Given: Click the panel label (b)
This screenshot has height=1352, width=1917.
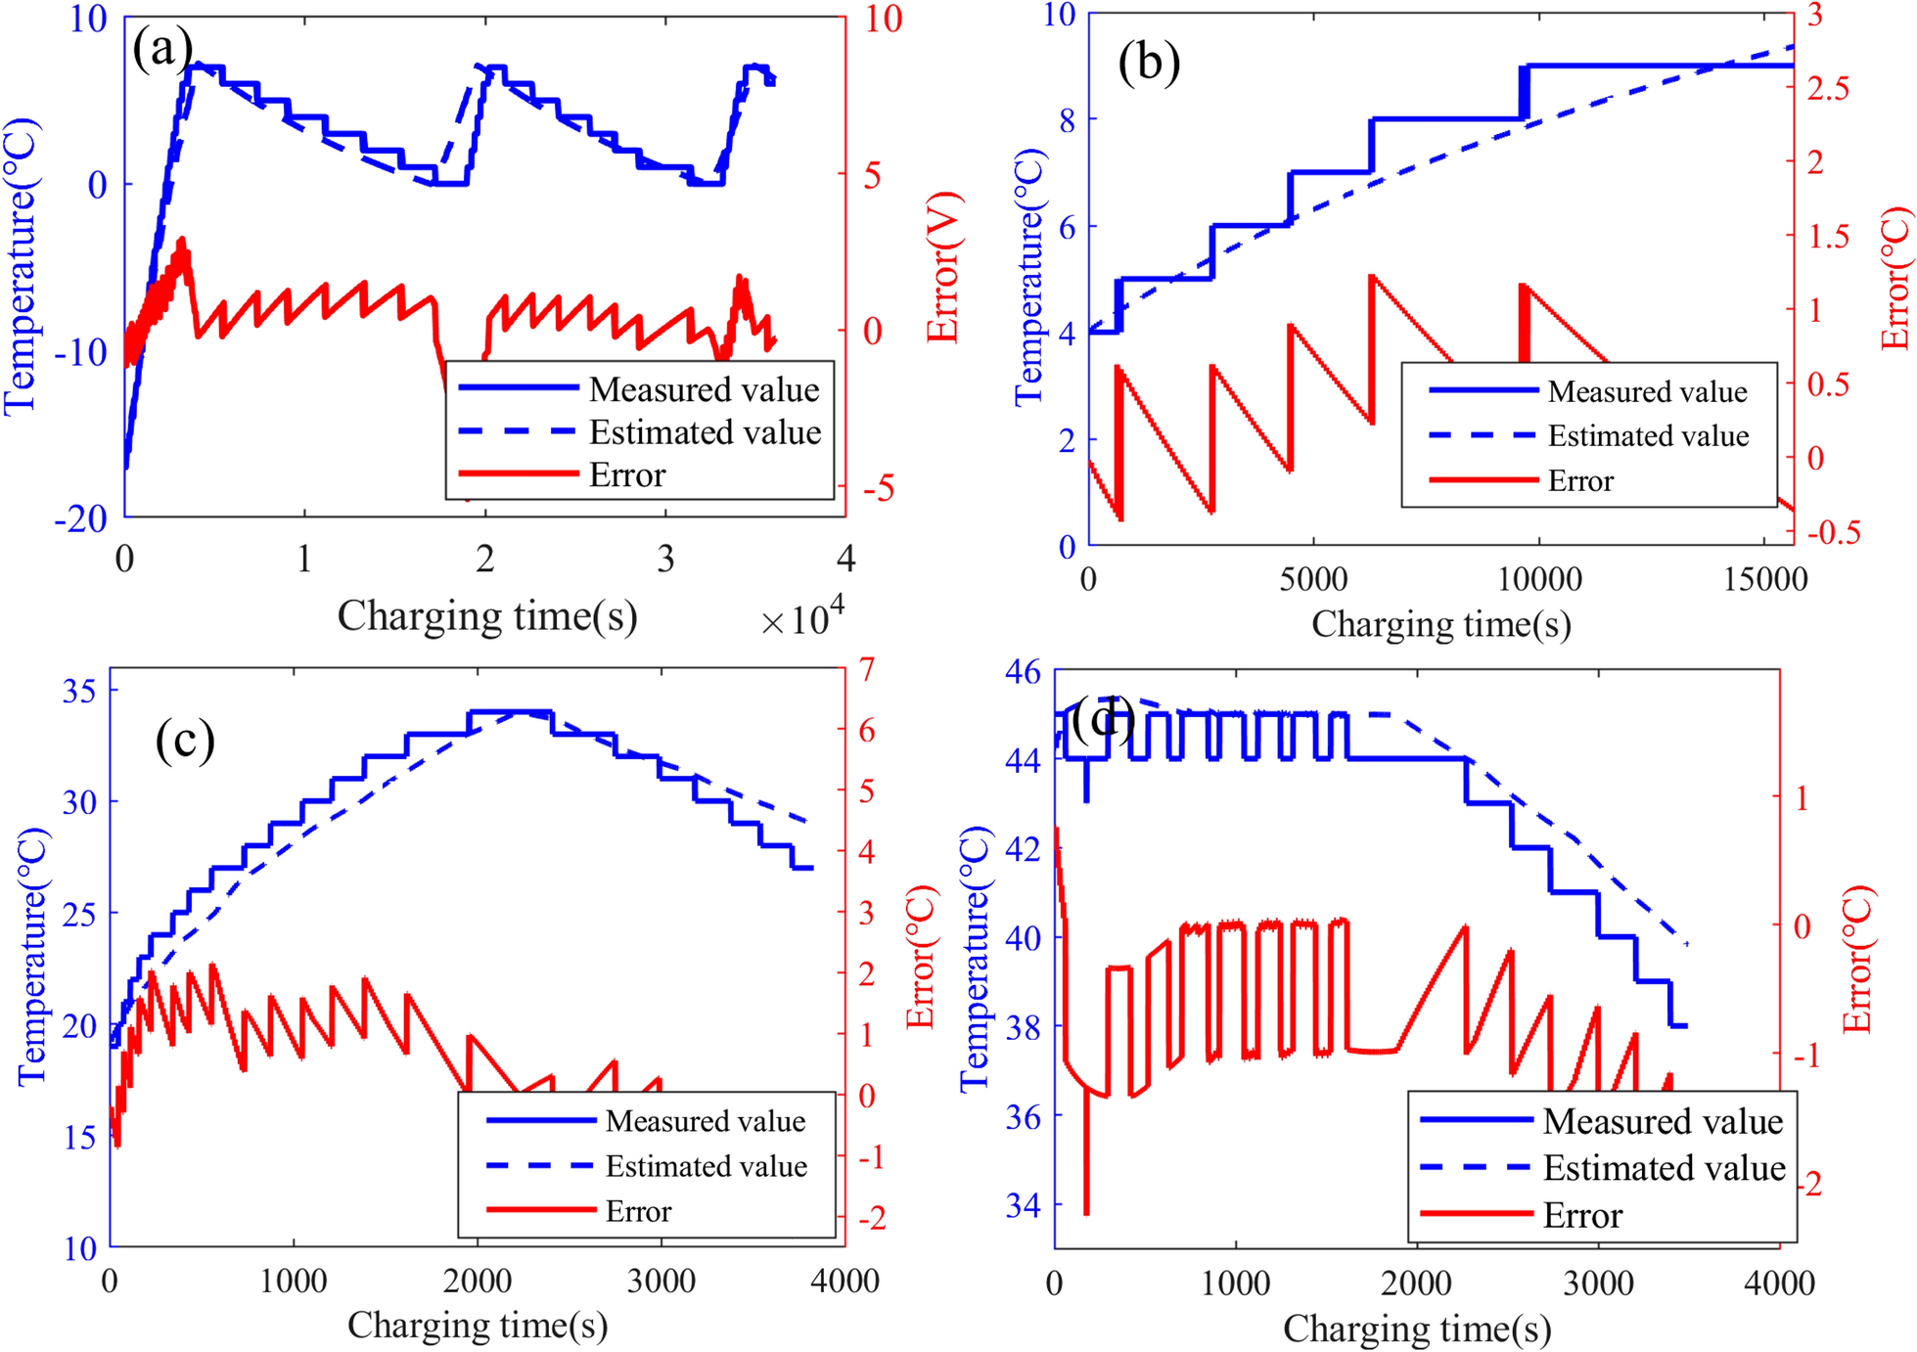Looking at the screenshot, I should pos(1149,64).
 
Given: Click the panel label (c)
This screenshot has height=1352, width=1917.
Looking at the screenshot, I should pos(184,741).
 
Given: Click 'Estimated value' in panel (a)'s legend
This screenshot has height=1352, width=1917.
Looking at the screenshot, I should pos(705,432).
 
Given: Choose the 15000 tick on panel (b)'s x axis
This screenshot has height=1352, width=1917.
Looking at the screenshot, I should pos(1764,580).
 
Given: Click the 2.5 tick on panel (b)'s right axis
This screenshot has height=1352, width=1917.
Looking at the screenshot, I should pos(1828,88).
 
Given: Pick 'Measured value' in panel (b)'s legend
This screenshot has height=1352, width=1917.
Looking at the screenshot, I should pos(1647,392).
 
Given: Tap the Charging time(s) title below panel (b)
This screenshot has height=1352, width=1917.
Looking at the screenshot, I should pos(1440,624).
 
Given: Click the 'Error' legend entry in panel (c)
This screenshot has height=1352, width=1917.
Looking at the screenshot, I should pos(638,1212).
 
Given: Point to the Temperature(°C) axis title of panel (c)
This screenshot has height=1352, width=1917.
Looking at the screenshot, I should pos(32,956).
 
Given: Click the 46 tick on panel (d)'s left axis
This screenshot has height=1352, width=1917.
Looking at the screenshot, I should pos(1023,672).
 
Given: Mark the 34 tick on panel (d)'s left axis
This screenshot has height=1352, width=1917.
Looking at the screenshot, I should pos(1023,1205).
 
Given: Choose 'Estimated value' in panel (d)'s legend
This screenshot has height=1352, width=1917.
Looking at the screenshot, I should pos(1664,1168).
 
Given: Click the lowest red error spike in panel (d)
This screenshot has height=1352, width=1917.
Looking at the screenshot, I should pos(1086,1211).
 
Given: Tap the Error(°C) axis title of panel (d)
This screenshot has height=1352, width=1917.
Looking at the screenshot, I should pos(1857,961).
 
